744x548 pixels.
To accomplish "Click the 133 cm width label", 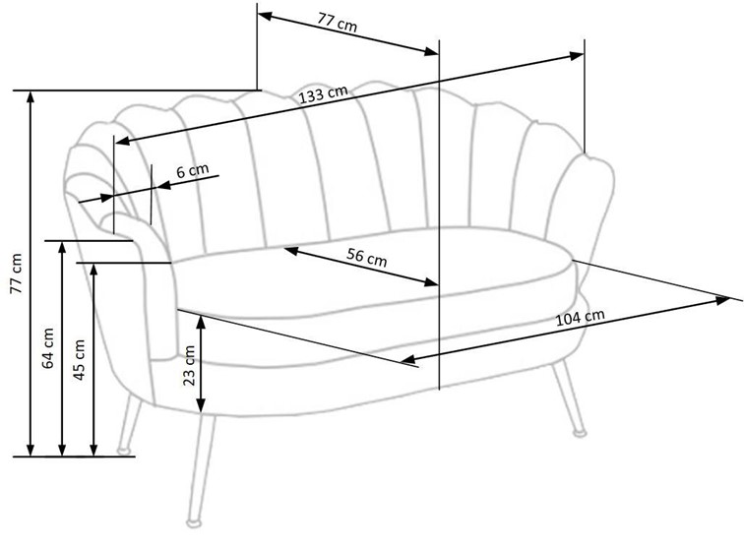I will (324, 94).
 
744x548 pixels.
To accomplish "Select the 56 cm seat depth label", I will (367, 258).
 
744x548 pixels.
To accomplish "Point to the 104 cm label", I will (580, 317).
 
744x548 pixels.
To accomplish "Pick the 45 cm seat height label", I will (80, 359).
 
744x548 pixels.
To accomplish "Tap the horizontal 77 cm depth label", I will (338, 21).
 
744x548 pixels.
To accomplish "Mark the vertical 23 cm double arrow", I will (201, 365).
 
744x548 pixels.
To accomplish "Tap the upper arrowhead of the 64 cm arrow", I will (63, 246).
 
